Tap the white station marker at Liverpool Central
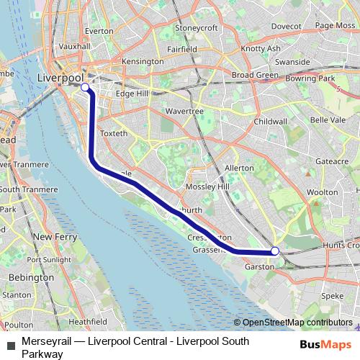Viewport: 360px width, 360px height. point(85,87)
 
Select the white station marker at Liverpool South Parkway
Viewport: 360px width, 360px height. point(274,251)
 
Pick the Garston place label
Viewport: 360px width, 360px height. point(259,266)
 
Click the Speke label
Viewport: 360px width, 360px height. point(332,296)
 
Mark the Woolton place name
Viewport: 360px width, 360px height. point(322,192)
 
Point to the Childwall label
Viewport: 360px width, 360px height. point(271,122)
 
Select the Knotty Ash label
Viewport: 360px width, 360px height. point(260,48)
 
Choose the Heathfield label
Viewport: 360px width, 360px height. point(89,321)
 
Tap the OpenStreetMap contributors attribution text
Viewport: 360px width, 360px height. point(297,323)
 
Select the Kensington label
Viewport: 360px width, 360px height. point(143,62)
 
